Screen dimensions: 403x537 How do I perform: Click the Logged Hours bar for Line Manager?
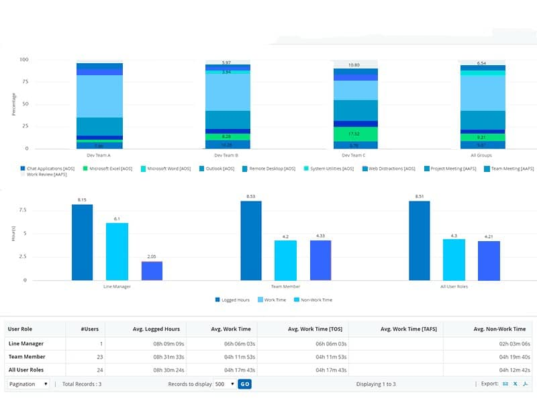(x=83, y=242)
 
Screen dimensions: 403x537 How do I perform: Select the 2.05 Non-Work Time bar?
(x=152, y=271)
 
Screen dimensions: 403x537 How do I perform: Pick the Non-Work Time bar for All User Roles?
(x=489, y=261)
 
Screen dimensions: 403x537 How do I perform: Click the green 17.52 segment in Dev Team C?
(x=355, y=134)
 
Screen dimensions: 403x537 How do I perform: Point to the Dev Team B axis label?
(x=228, y=155)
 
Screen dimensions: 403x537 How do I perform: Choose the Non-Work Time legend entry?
(x=316, y=300)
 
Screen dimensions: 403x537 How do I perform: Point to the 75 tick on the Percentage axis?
(x=24, y=82)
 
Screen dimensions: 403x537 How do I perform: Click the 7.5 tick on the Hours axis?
(x=23, y=210)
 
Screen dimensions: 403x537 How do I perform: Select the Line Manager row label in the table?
(x=27, y=343)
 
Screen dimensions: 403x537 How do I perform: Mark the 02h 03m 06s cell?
(x=511, y=343)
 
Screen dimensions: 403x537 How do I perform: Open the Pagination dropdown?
(x=28, y=384)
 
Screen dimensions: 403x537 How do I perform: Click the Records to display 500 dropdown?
(x=224, y=384)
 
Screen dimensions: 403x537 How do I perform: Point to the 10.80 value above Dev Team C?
(x=355, y=65)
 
